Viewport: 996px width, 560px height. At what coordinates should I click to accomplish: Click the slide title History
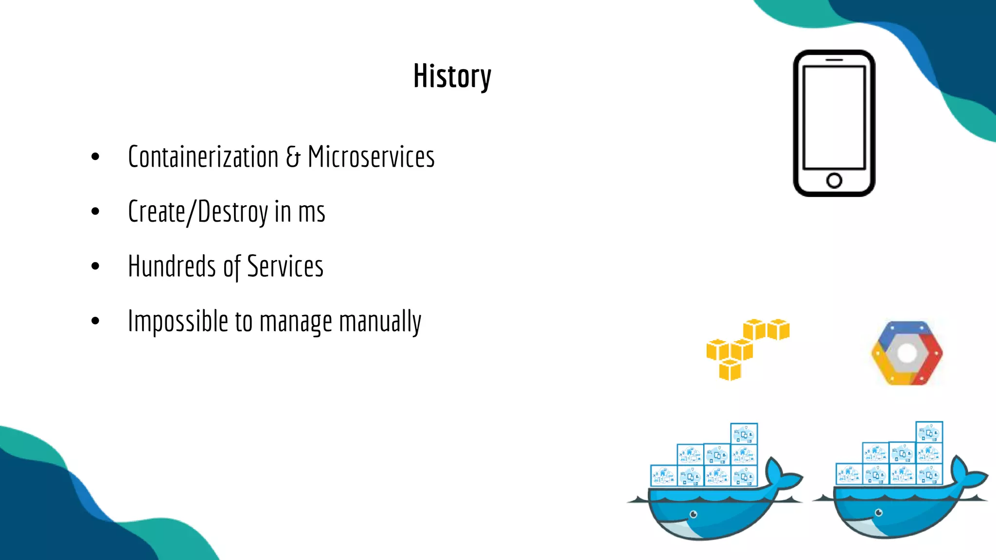(x=452, y=76)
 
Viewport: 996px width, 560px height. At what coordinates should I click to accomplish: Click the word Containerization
(x=203, y=157)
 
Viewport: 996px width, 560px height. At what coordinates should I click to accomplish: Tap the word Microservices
(x=371, y=157)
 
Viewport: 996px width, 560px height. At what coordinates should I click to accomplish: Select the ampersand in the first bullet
(x=293, y=157)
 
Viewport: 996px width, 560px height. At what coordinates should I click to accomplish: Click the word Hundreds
(x=172, y=266)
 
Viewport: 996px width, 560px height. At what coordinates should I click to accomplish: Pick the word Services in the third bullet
(x=285, y=266)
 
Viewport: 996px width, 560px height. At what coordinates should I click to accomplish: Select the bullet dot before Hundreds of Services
(x=95, y=266)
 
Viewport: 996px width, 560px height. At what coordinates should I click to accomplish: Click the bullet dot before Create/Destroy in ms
(x=95, y=211)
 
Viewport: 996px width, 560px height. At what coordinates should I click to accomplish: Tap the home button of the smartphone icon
(x=834, y=180)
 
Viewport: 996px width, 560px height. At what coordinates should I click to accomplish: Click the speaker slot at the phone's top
(x=834, y=60)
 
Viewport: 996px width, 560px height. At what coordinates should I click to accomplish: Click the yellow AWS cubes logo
(x=744, y=348)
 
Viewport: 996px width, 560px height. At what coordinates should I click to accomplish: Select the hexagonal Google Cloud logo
(x=907, y=353)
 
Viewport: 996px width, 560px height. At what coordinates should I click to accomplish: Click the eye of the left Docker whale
(x=694, y=514)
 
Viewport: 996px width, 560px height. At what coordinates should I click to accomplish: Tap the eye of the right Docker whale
(x=879, y=513)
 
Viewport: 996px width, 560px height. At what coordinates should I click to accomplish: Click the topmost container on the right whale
(x=929, y=432)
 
